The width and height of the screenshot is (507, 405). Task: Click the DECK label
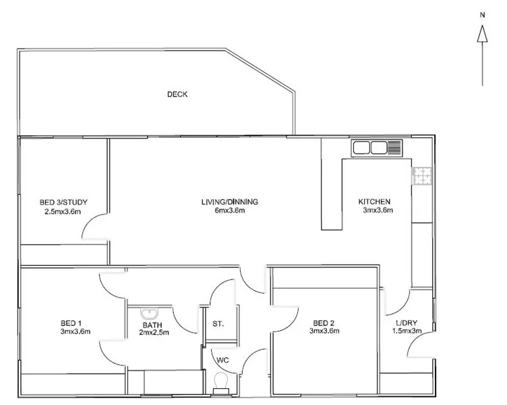click(177, 94)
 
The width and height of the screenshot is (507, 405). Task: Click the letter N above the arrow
click(482, 13)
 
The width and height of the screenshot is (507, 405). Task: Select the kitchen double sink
click(368, 148)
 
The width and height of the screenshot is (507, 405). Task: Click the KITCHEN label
click(374, 202)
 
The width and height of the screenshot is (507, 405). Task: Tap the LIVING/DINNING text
click(230, 202)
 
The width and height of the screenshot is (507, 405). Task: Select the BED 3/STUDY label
click(63, 202)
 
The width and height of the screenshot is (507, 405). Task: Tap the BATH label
click(152, 323)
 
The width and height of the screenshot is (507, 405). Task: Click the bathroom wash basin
click(148, 313)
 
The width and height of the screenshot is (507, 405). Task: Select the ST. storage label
click(218, 324)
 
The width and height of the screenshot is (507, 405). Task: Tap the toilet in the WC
click(220, 383)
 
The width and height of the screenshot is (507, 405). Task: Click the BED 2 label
click(324, 322)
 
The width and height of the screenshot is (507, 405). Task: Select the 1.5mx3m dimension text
click(408, 331)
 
